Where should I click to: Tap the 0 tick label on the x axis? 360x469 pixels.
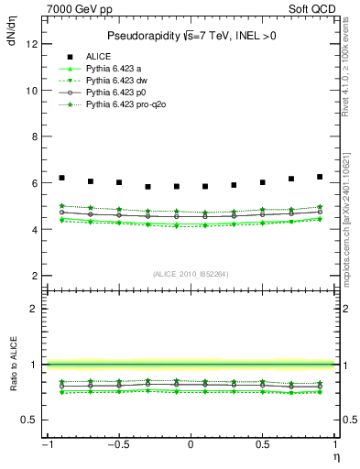(x=190, y=445)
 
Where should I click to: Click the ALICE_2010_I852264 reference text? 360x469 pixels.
(x=190, y=273)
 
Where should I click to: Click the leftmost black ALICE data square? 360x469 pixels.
(x=61, y=178)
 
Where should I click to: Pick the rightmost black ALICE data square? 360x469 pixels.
(x=320, y=177)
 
